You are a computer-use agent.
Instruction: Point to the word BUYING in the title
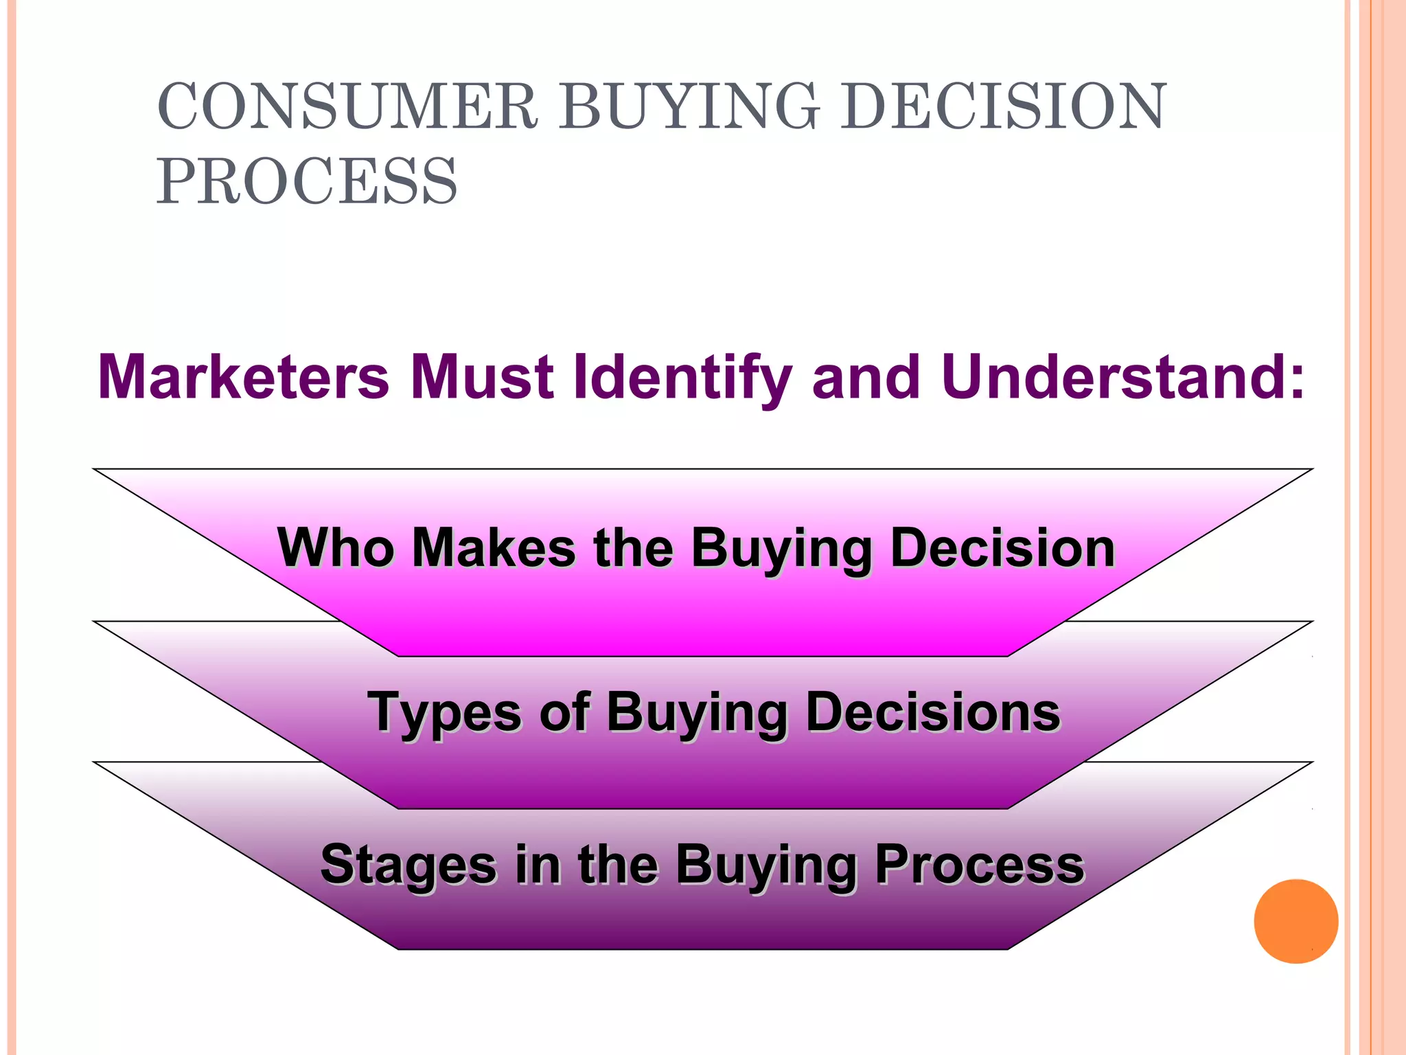coord(689,106)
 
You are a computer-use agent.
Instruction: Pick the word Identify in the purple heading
coord(682,378)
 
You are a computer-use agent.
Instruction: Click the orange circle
coord(1295,921)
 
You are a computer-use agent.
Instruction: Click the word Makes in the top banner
coord(494,547)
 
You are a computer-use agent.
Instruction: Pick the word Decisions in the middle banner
coord(933,712)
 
